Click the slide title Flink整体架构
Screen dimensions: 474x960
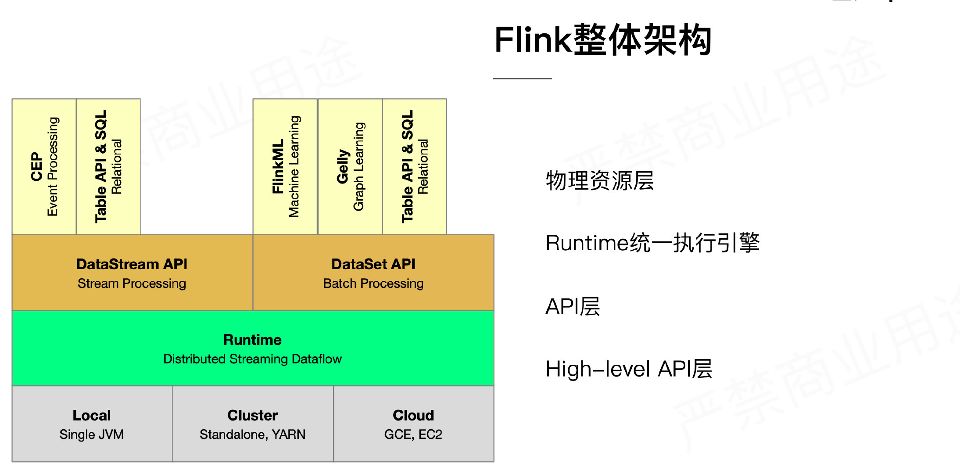603,40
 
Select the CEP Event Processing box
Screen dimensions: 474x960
44,167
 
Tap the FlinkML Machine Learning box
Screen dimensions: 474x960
285,167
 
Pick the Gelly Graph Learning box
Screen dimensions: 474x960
350,167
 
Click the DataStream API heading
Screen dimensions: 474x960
132,264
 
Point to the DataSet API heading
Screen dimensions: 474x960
373,264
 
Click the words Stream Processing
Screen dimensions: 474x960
132,284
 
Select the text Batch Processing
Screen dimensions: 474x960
373,284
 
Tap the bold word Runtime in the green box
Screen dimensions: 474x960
252,340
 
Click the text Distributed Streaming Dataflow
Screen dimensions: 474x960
252,359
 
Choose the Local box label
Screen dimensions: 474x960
91,415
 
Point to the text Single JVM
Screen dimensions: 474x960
91,434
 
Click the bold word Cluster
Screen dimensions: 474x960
252,415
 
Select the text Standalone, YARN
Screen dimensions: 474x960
252,434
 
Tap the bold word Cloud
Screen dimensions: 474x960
413,415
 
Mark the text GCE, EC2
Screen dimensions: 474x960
413,434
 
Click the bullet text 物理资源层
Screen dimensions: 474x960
600,181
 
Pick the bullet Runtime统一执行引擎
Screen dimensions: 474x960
652,243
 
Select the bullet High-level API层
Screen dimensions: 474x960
629,369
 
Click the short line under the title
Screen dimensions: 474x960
522,79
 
